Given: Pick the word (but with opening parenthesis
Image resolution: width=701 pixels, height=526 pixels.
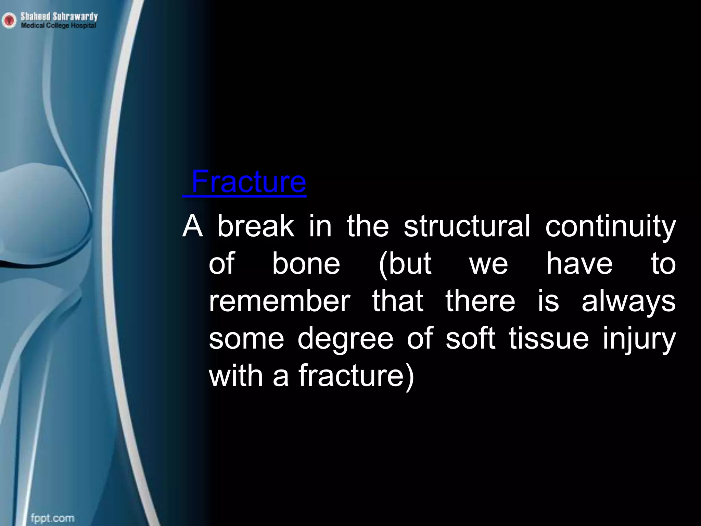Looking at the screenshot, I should click(405, 264).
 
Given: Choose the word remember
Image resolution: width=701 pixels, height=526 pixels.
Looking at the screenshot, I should click(279, 301).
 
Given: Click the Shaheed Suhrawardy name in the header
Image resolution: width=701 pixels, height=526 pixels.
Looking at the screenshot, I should click(59, 16).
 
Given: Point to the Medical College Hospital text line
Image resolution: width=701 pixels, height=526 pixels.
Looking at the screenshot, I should click(58, 26).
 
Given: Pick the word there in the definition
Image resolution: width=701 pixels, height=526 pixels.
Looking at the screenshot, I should click(480, 301).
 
